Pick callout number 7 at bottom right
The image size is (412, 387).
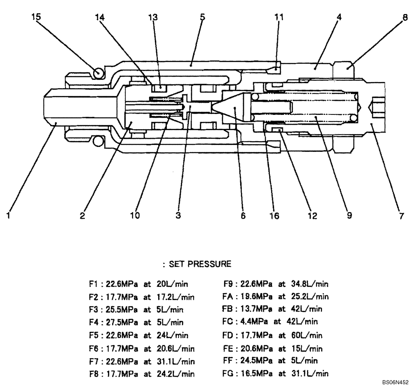click(x=401, y=215)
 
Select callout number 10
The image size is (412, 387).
click(x=136, y=215)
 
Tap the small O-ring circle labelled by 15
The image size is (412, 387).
click(x=98, y=73)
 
